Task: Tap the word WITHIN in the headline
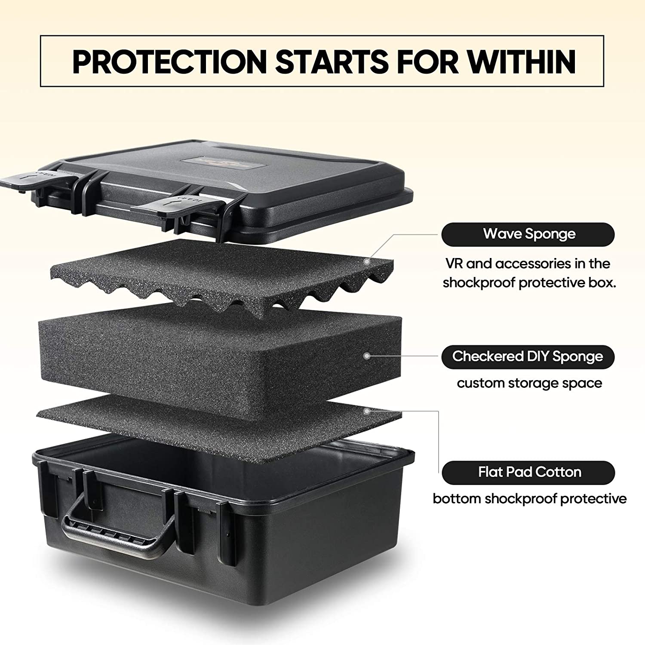(522, 61)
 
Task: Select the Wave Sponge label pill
(528, 234)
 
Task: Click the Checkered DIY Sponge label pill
(528, 356)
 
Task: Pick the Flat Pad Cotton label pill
(528, 472)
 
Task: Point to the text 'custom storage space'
(529, 383)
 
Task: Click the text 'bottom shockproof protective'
(529, 499)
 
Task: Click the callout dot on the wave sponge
(367, 261)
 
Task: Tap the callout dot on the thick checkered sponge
(367, 356)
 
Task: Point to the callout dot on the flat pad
(366, 411)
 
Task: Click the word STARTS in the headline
(332, 61)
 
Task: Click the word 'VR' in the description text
(454, 264)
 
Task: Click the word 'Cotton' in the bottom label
(558, 472)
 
